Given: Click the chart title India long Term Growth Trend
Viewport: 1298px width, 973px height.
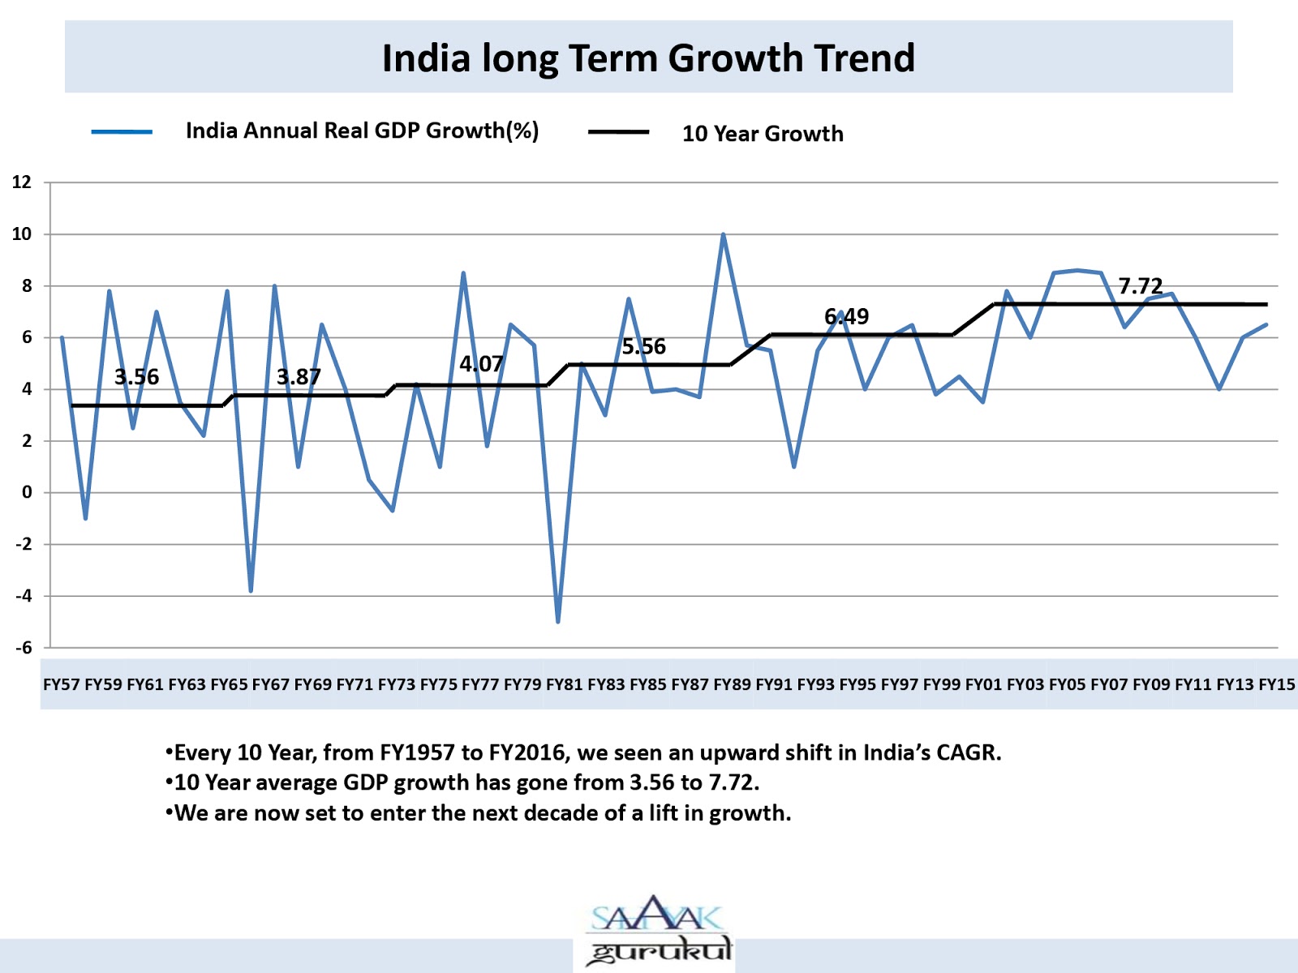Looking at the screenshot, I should pyautogui.click(x=648, y=58).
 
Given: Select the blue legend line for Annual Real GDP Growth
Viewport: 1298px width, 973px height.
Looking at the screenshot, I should pyautogui.click(x=122, y=132).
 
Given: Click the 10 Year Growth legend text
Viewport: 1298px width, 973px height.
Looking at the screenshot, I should pyautogui.click(x=762, y=134).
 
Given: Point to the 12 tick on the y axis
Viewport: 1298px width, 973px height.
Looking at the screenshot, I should pyautogui.click(x=22, y=182).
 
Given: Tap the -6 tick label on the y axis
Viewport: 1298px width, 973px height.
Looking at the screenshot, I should pyautogui.click(x=24, y=647).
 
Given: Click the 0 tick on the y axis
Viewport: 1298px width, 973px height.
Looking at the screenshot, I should pyautogui.click(x=28, y=492).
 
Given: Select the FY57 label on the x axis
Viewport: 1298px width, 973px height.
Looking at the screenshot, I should pyautogui.click(x=62, y=684).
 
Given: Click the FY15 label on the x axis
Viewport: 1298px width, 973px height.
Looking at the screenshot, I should pyautogui.click(x=1277, y=684).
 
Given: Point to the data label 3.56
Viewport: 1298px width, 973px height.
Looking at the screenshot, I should pyautogui.click(x=136, y=377).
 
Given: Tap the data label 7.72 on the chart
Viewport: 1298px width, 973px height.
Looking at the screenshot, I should pyautogui.click(x=1140, y=286).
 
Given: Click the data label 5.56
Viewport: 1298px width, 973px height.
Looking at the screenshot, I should pyautogui.click(x=643, y=347).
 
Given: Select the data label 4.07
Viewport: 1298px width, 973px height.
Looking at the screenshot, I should pyautogui.click(x=481, y=364).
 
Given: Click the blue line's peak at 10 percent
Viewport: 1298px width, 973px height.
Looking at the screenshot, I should pyautogui.click(x=723, y=235).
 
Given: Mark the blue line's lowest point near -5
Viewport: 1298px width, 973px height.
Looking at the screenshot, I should pyautogui.click(x=558, y=621).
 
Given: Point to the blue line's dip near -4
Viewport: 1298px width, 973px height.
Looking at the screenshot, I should pyautogui.click(x=251, y=590).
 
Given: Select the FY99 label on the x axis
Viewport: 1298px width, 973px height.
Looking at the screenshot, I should pyautogui.click(x=942, y=684).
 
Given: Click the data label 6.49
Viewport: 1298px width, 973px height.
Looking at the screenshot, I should pyautogui.click(x=846, y=316).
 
